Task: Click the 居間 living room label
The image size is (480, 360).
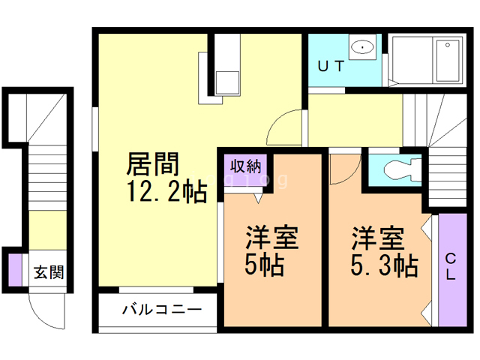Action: pyautogui.click(x=154, y=163)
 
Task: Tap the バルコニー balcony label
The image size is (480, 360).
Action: pyautogui.click(x=160, y=309)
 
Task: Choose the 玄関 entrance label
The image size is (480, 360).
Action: pyautogui.click(x=47, y=271)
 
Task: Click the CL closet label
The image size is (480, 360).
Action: pyautogui.click(x=451, y=266)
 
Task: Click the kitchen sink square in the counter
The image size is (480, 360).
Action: pyautogui.click(x=226, y=79)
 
